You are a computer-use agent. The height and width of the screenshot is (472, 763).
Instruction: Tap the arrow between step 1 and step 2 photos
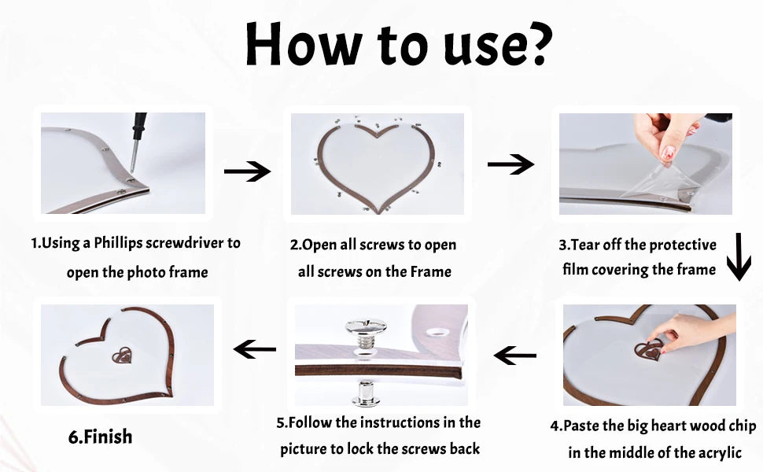[247, 171]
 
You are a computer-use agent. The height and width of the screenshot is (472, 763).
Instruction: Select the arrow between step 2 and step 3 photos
[511, 164]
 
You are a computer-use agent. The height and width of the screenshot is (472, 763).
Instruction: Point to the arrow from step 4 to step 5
[515, 356]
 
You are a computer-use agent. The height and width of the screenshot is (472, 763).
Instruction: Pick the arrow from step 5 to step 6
[255, 348]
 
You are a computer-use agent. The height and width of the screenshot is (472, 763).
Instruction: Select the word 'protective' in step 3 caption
[678, 245]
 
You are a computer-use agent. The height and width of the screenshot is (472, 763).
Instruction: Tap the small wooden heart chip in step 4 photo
[647, 350]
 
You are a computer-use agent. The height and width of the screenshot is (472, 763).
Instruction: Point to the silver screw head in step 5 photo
[365, 327]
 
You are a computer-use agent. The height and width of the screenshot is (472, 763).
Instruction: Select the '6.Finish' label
[100, 437]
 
